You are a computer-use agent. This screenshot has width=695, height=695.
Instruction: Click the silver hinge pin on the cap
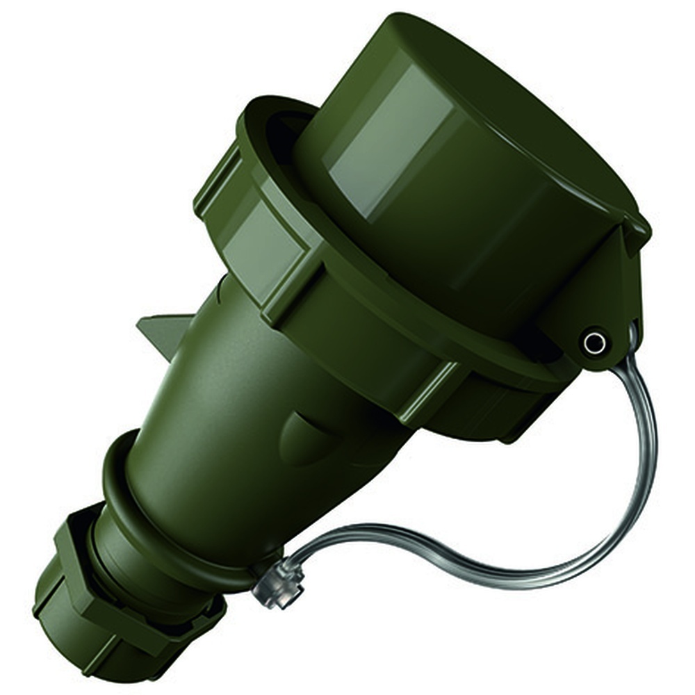(x=594, y=341)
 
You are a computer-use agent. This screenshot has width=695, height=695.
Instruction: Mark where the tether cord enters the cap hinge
(x=629, y=341)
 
